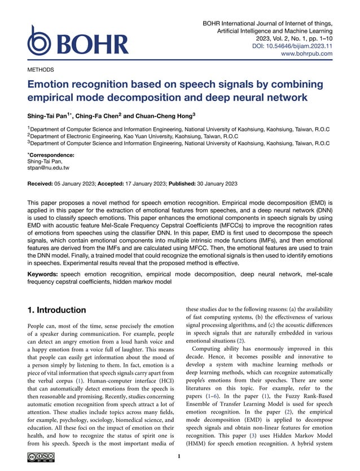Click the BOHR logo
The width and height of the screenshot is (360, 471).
(x=78, y=42)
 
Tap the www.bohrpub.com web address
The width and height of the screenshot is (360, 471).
(x=306, y=54)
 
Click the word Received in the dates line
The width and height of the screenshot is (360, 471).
(x=43, y=184)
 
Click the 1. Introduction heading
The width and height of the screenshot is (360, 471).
(x=57, y=310)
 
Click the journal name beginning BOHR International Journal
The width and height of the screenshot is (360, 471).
(x=267, y=23)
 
